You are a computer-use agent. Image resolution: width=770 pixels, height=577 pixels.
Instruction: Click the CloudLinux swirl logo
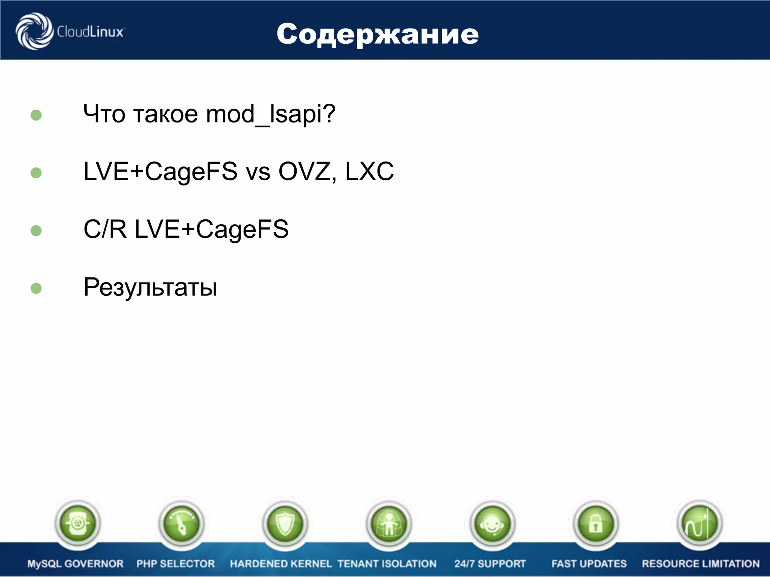click(x=34, y=31)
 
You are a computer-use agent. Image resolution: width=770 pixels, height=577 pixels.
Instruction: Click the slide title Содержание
click(x=377, y=34)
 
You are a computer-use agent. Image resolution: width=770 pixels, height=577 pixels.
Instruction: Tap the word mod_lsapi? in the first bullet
click(x=271, y=114)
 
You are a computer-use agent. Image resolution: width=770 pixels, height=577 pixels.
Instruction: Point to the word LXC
click(x=369, y=171)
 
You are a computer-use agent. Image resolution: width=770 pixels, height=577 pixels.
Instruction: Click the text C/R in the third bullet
click(x=105, y=229)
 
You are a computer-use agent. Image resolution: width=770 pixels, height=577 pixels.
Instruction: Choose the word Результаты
click(x=150, y=287)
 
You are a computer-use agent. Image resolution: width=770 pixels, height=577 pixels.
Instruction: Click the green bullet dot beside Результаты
click(x=36, y=288)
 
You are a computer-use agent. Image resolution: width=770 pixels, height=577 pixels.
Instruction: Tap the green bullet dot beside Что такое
click(x=36, y=115)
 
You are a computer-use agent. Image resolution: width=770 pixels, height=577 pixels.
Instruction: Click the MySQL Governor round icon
click(x=77, y=523)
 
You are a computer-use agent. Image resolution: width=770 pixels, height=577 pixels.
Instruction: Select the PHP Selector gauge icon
click(x=182, y=523)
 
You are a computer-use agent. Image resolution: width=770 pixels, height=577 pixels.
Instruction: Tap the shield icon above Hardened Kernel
click(x=285, y=523)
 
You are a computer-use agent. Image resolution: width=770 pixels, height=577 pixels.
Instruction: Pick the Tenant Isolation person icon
click(x=389, y=523)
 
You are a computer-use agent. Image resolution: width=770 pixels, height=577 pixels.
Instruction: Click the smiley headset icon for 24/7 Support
click(x=492, y=523)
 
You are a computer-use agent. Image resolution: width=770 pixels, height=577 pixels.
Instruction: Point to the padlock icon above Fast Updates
click(x=596, y=523)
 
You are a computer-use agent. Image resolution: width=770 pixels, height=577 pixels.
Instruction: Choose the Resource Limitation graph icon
click(x=699, y=523)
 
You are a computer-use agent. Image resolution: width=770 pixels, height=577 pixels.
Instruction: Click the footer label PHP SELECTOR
click(x=176, y=564)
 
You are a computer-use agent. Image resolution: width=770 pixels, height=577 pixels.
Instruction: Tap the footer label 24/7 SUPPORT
click(x=490, y=564)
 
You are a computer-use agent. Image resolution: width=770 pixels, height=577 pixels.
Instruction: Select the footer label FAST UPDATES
click(x=589, y=564)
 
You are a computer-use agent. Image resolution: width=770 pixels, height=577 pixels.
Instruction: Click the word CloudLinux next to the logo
click(x=90, y=32)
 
